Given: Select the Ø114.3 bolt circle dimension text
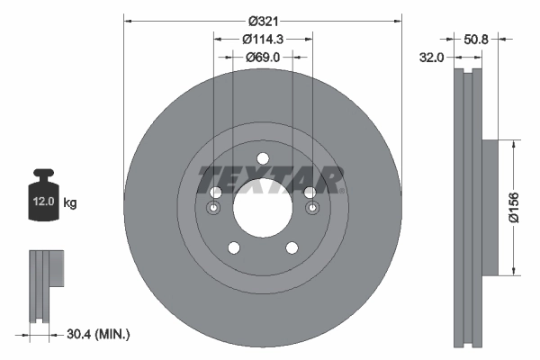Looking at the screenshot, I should click(263, 39).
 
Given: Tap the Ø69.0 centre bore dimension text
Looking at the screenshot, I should click(263, 57).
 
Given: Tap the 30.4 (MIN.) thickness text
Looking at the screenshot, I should click(99, 334).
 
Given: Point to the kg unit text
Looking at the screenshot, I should click(70, 203).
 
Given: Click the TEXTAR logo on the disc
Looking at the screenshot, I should click(270, 179).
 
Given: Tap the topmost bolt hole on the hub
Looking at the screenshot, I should click(263, 159).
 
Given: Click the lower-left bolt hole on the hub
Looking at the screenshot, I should click(233, 248).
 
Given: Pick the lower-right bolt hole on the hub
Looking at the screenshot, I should click(292, 248).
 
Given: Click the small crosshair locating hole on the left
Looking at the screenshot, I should click(214, 210).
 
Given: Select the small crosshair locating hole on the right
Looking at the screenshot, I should click(311, 210).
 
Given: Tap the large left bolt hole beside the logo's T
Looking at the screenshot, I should click(215, 193).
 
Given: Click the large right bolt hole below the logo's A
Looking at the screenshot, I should click(310, 193).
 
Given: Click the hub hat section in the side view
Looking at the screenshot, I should click(490, 206).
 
